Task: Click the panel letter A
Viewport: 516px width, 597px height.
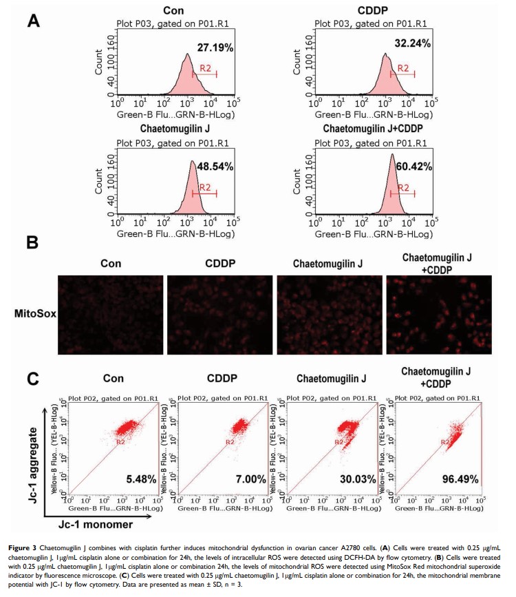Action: [35, 21]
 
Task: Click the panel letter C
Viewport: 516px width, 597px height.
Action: [34, 379]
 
